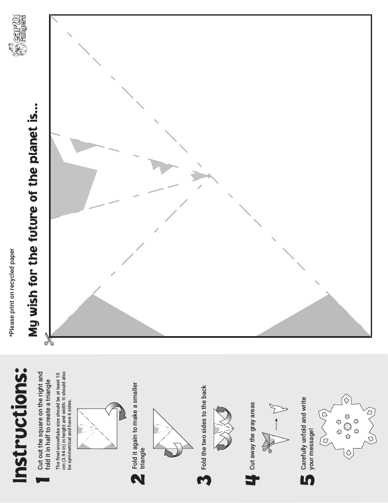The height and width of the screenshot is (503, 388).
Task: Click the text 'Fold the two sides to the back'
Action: [x=204, y=427]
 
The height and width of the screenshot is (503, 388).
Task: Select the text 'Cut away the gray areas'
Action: [x=252, y=436]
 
